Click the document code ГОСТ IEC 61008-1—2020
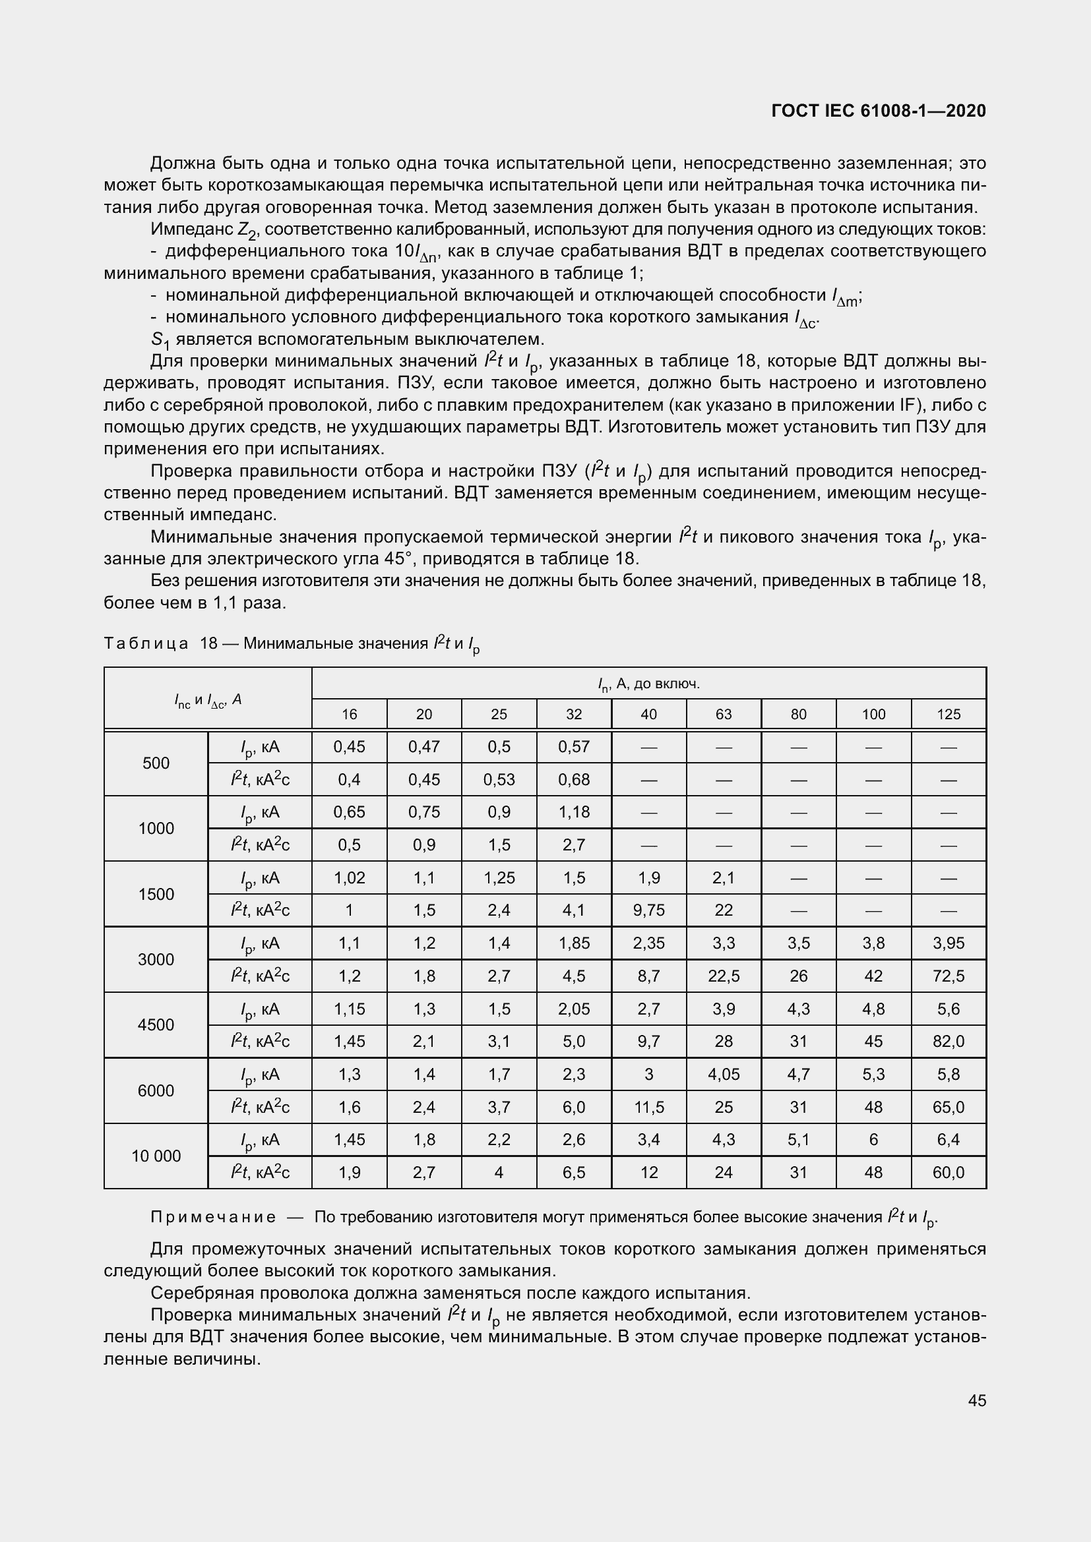[878, 111]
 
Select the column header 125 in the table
[948, 714]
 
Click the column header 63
[723, 714]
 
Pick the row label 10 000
[156, 1156]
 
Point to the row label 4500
[156, 1025]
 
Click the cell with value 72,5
[948, 976]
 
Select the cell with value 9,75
[648, 910]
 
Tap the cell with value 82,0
[948, 1042]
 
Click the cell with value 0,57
[574, 747]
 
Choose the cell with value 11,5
[648, 1107]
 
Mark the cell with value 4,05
[723, 1074]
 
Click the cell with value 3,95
[948, 943]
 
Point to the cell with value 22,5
[723, 976]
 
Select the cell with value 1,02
[350, 877]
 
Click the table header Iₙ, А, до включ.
[648, 684]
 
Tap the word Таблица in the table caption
[146, 644]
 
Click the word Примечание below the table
[213, 1217]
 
